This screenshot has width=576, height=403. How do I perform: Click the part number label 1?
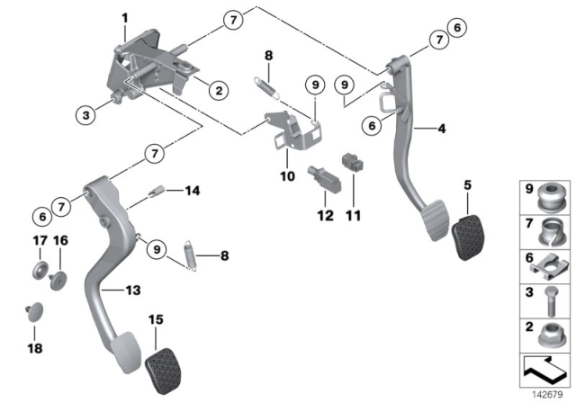(x=125, y=16)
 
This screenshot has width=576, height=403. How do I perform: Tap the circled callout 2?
(x=217, y=89)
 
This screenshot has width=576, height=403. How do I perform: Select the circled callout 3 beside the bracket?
(x=85, y=114)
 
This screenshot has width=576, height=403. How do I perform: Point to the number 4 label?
(x=441, y=129)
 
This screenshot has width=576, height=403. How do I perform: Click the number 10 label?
(x=286, y=176)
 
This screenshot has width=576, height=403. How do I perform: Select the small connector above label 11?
(x=353, y=166)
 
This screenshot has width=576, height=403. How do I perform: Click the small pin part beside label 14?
(x=157, y=191)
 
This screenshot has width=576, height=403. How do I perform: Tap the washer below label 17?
(x=39, y=271)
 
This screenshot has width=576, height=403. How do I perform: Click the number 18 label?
(x=39, y=346)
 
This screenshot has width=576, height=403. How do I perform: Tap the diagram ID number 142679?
(x=549, y=393)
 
